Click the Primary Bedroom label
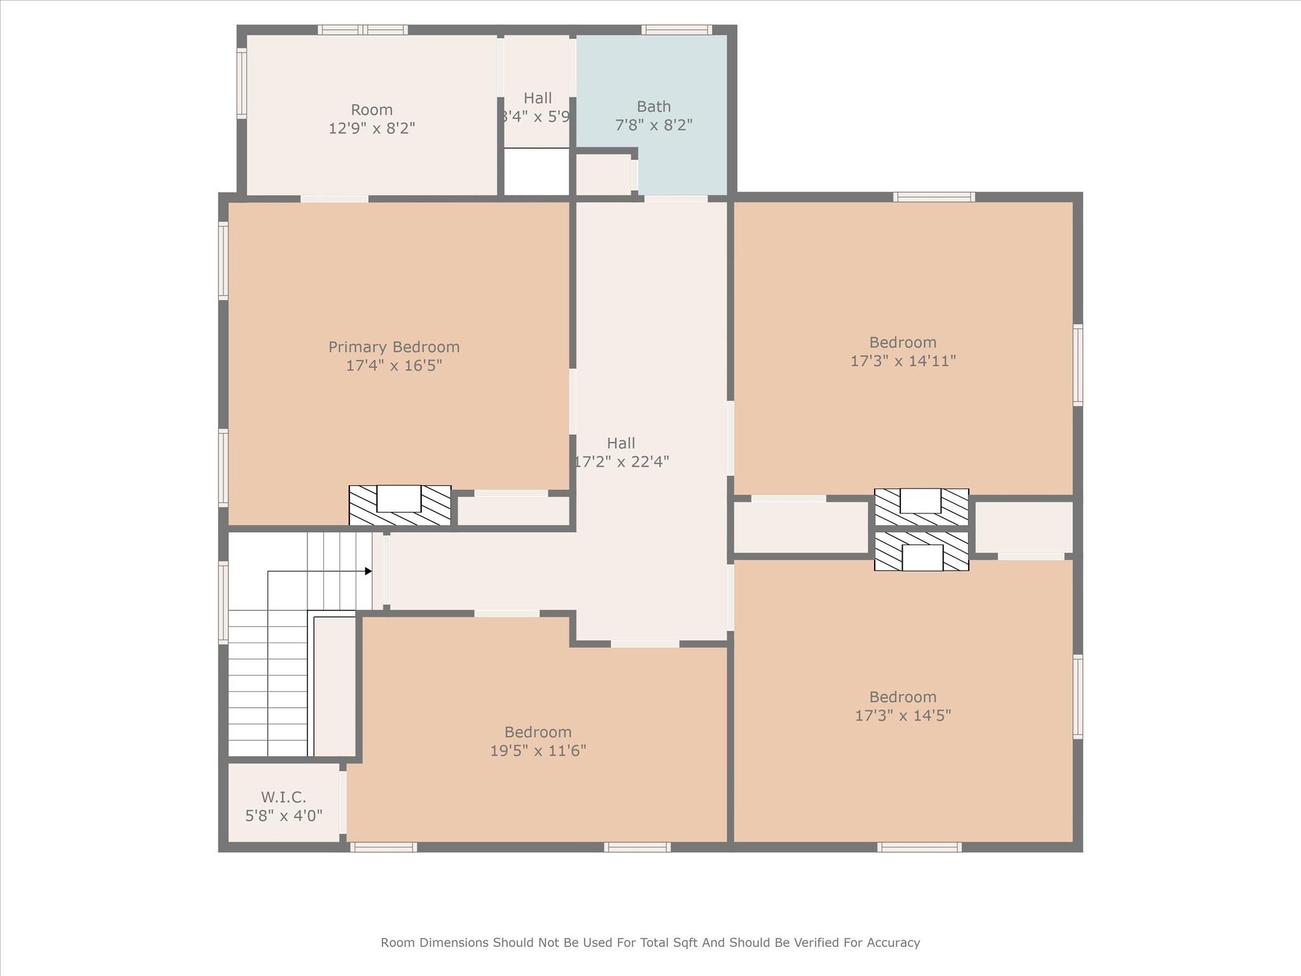[x=394, y=347]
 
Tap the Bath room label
[x=654, y=107]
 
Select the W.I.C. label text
[x=283, y=797]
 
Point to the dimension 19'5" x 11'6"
[x=538, y=750]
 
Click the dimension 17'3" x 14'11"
[x=903, y=361]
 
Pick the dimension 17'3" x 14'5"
[x=903, y=715]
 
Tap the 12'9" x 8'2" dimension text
[x=372, y=128]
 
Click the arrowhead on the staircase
[x=368, y=571]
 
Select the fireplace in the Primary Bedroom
[x=400, y=506]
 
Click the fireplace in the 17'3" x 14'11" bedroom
[x=922, y=507]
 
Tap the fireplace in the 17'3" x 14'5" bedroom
[x=922, y=552]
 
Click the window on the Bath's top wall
[x=676, y=30]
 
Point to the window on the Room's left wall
[x=241, y=83]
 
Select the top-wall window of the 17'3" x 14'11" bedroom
[x=934, y=197]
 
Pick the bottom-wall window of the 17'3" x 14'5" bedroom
[x=919, y=847]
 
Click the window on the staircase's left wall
[x=223, y=602]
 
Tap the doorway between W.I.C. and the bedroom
[x=343, y=802]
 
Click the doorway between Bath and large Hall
[x=676, y=199]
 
